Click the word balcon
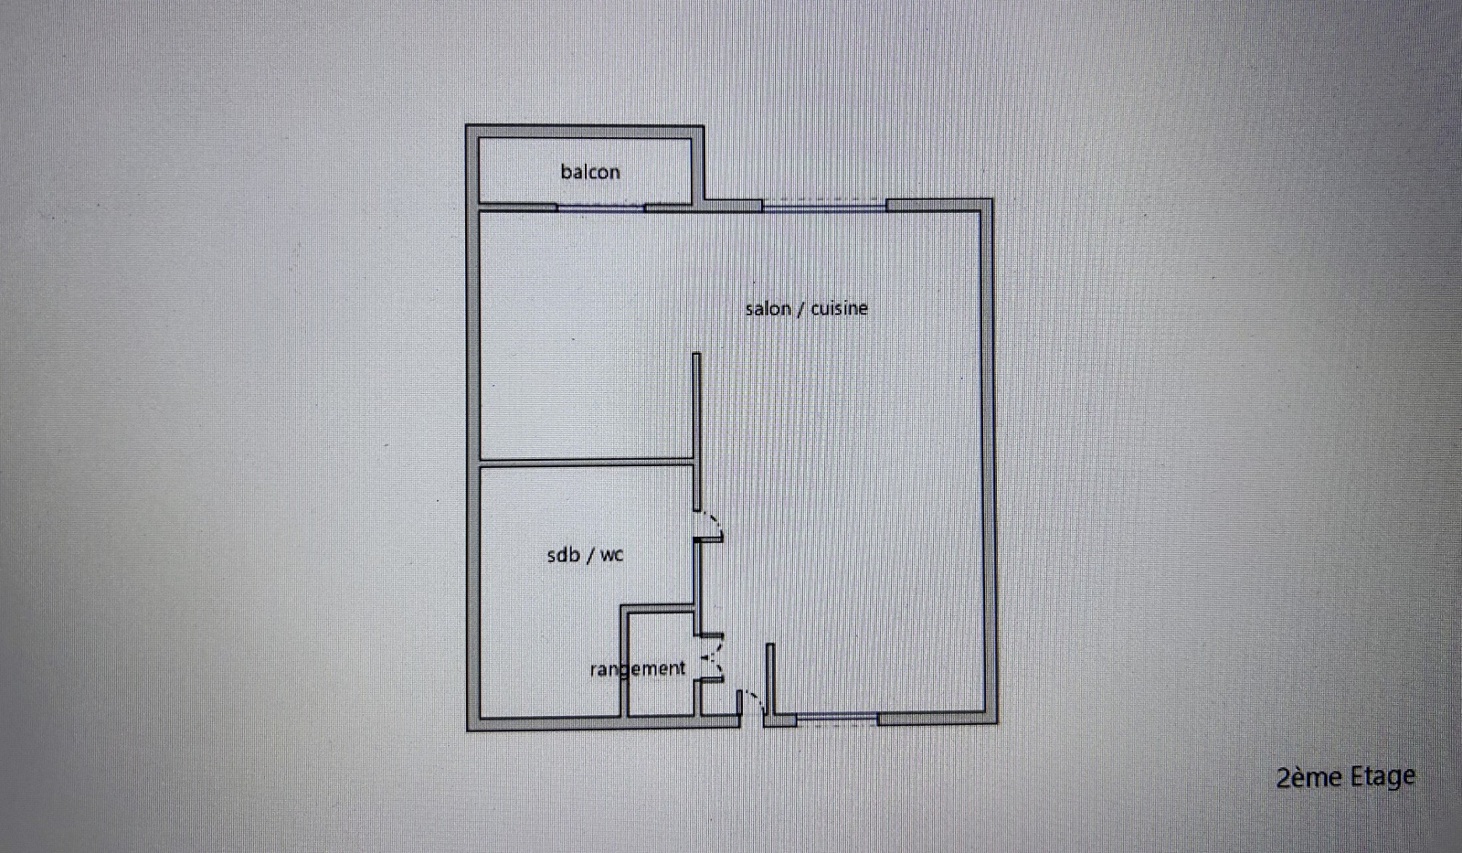pyautogui.click(x=590, y=172)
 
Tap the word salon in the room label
pyautogui.click(x=768, y=308)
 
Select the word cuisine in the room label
pyautogui.click(x=840, y=307)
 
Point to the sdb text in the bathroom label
pyautogui.click(x=563, y=555)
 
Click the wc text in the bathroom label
pyautogui.click(x=611, y=556)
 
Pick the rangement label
pyautogui.click(x=638, y=668)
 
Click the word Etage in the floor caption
pyautogui.click(x=1383, y=777)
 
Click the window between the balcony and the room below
pyautogui.click(x=600, y=208)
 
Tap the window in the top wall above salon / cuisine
pyautogui.click(x=824, y=207)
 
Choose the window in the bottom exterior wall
pyautogui.click(x=837, y=720)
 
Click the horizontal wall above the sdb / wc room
pyautogui.click(x=586, y=463)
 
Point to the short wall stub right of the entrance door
pyautogui.click(x=770, y=679)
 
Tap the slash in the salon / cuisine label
pyautogui.click(x=800, y=308)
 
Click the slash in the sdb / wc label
pyautogui.click(x=589, y=555)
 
